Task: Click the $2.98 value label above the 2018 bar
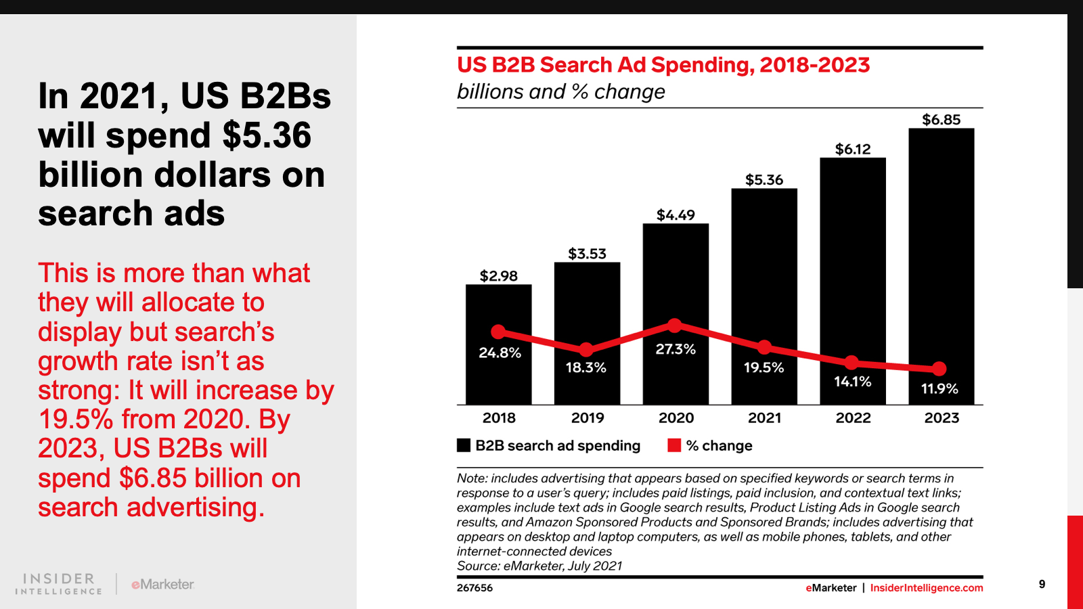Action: (x=498, y=276)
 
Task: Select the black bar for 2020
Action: (x=676, y=284)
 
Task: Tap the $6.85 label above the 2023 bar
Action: (x=941, y=120)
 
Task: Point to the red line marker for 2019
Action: (x=586, y=349)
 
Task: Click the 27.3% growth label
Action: (x=676, y=349)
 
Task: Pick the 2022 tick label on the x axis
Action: (x=853, y=418)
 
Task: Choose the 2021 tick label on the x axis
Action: (x=764, y=418)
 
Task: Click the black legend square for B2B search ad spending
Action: (x=464, y=445)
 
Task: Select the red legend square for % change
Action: (x=674, y=445)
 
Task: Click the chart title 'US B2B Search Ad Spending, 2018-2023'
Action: (x=663, y=65)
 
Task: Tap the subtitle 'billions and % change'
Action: (x=560, y=92)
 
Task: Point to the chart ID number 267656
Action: (x=474, y=588)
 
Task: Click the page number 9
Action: (x=1042, y=584)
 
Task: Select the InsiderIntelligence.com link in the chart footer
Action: (x=926, y=588)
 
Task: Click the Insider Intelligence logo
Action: (x=59, y=584)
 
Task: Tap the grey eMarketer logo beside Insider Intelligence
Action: (x=162, y=584)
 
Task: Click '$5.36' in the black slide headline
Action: (x=267, y=136)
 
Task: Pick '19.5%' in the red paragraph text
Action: (x=76, y=420)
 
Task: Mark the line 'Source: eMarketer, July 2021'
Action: (x=539, y=566)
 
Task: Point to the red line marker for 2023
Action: (x=939, y=369)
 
